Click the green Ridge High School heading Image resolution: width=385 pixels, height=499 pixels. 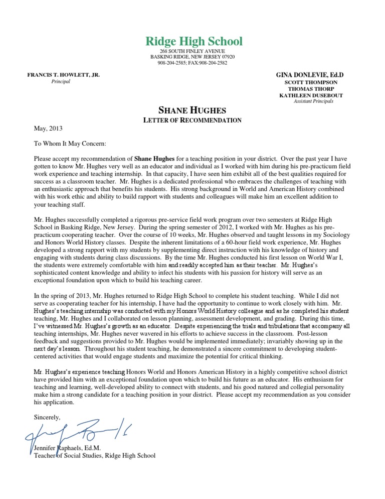click(x=194, y=41)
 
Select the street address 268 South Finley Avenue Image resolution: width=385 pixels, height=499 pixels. click(x=192, y=52)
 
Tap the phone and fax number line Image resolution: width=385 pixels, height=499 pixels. click(x=192, y=63)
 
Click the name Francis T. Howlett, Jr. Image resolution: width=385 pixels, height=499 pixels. click(x=63, y=75)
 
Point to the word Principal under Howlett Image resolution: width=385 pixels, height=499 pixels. click(x=61, y=81)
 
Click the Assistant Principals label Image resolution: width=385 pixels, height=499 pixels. click(x=313, y=101)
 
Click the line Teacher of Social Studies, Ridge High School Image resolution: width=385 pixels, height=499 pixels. click(x=94, y=455)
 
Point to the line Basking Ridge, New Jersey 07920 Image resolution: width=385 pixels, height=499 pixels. click(x=192, y=57)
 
